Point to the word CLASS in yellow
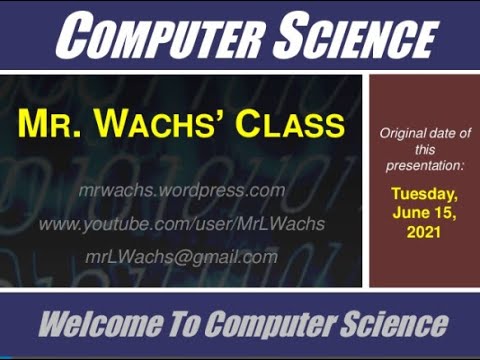click(290, 126)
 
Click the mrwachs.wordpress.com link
click(181, 190)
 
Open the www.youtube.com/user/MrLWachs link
click(181, 223)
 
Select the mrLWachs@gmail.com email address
click(181, 256)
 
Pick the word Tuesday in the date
click(425, 194)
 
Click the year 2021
click(425, 231)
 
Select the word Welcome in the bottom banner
click(92, 324)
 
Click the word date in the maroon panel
click(443, 133)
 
